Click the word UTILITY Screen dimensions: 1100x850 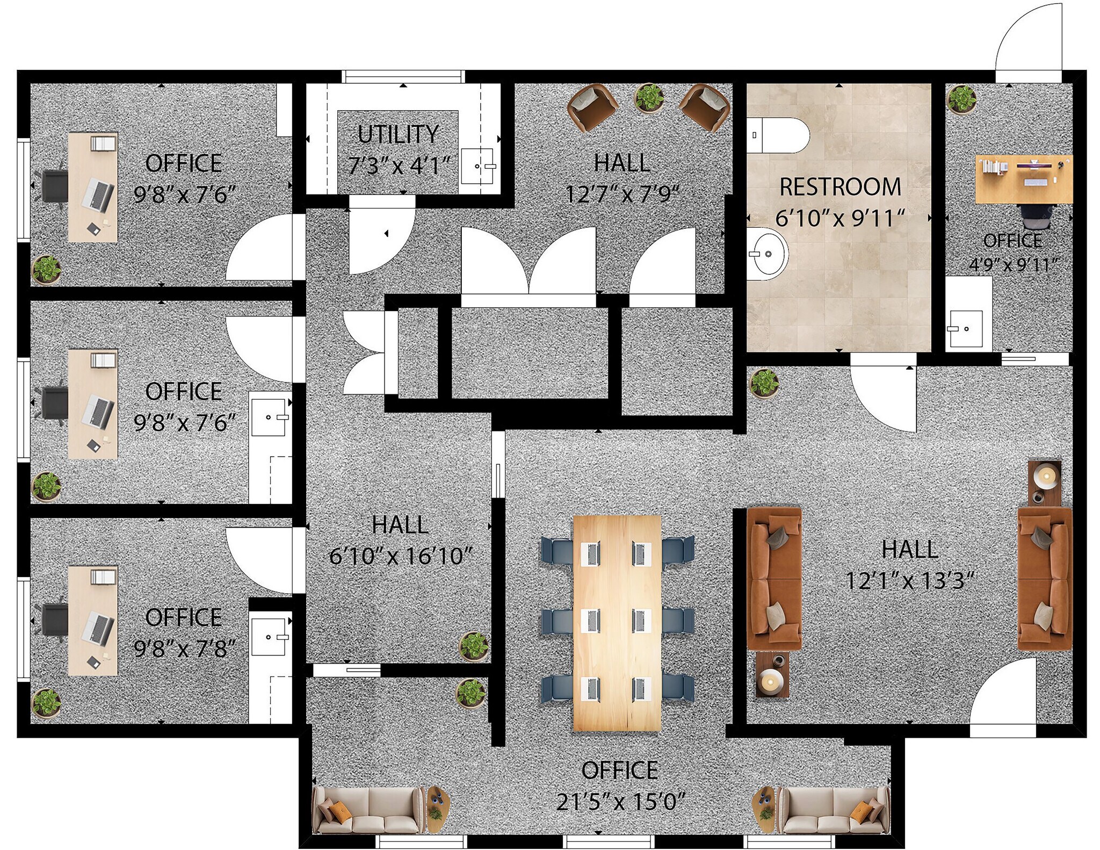tap(398, 134)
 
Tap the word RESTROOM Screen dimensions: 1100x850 tap(840, 187)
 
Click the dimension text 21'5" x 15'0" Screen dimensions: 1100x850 tap(620, 802)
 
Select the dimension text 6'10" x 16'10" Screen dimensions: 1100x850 tap(400, 556)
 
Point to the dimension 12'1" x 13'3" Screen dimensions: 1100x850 tap(910, 581)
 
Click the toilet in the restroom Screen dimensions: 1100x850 tap(777, 135)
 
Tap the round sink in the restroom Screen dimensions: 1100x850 tap(767, 254)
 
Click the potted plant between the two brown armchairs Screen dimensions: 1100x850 tap(649, 98)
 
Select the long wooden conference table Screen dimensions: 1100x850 tap(617, 623)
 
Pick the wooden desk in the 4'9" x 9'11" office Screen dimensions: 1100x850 tap(1023, 179)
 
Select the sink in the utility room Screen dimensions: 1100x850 tap(478, 166)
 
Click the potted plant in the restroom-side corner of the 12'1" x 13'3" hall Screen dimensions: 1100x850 tap(764, 383)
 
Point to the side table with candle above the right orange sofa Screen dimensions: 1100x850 tap(1045, 482)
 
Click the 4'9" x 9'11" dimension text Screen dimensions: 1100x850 tap(1013, 265)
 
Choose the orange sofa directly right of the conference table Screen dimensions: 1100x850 tap(774, 577)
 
